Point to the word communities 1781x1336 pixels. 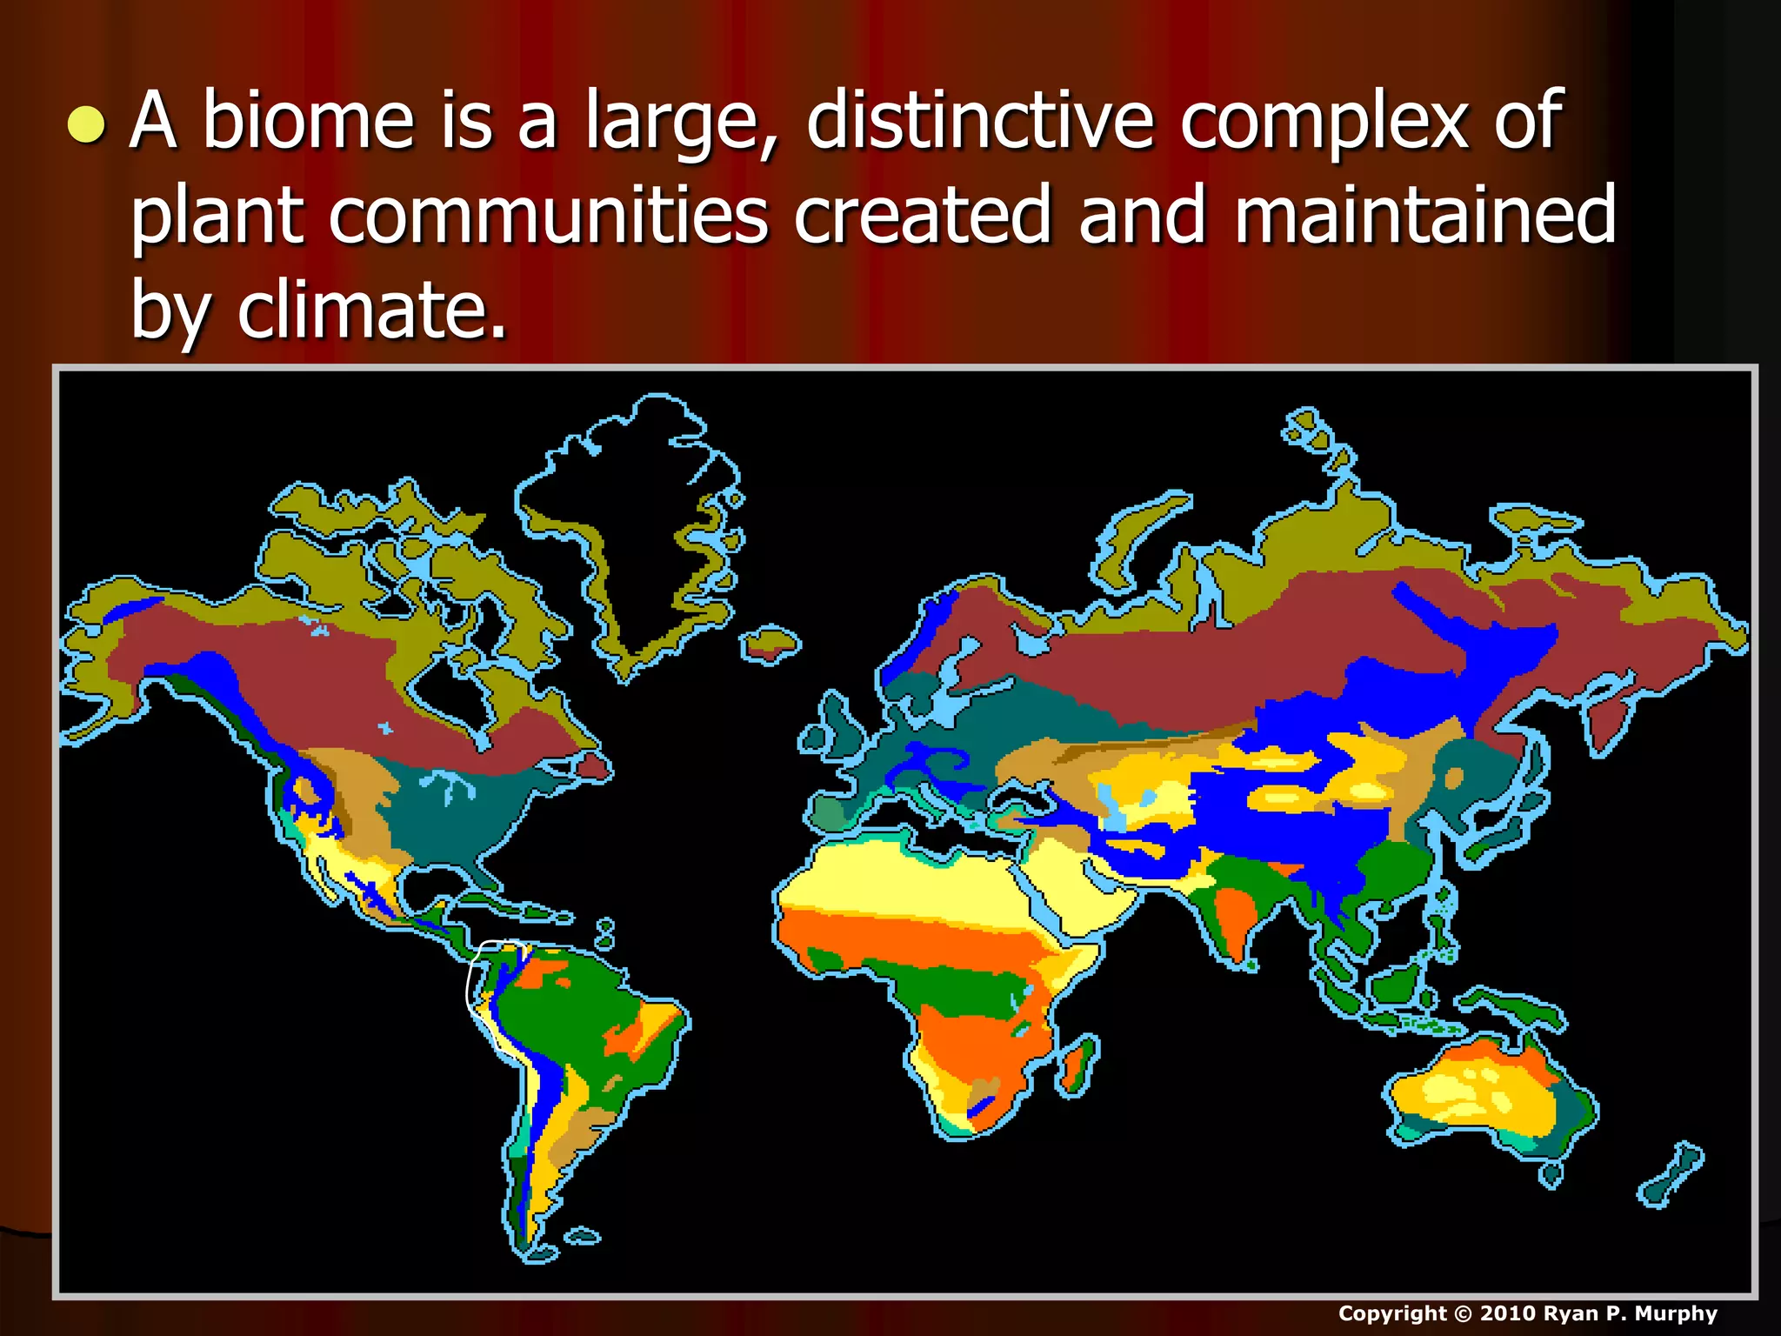pyautogui.click(x=548, y=215)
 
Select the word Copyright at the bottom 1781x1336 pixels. pyautogui.click(x=1392, y=1313)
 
